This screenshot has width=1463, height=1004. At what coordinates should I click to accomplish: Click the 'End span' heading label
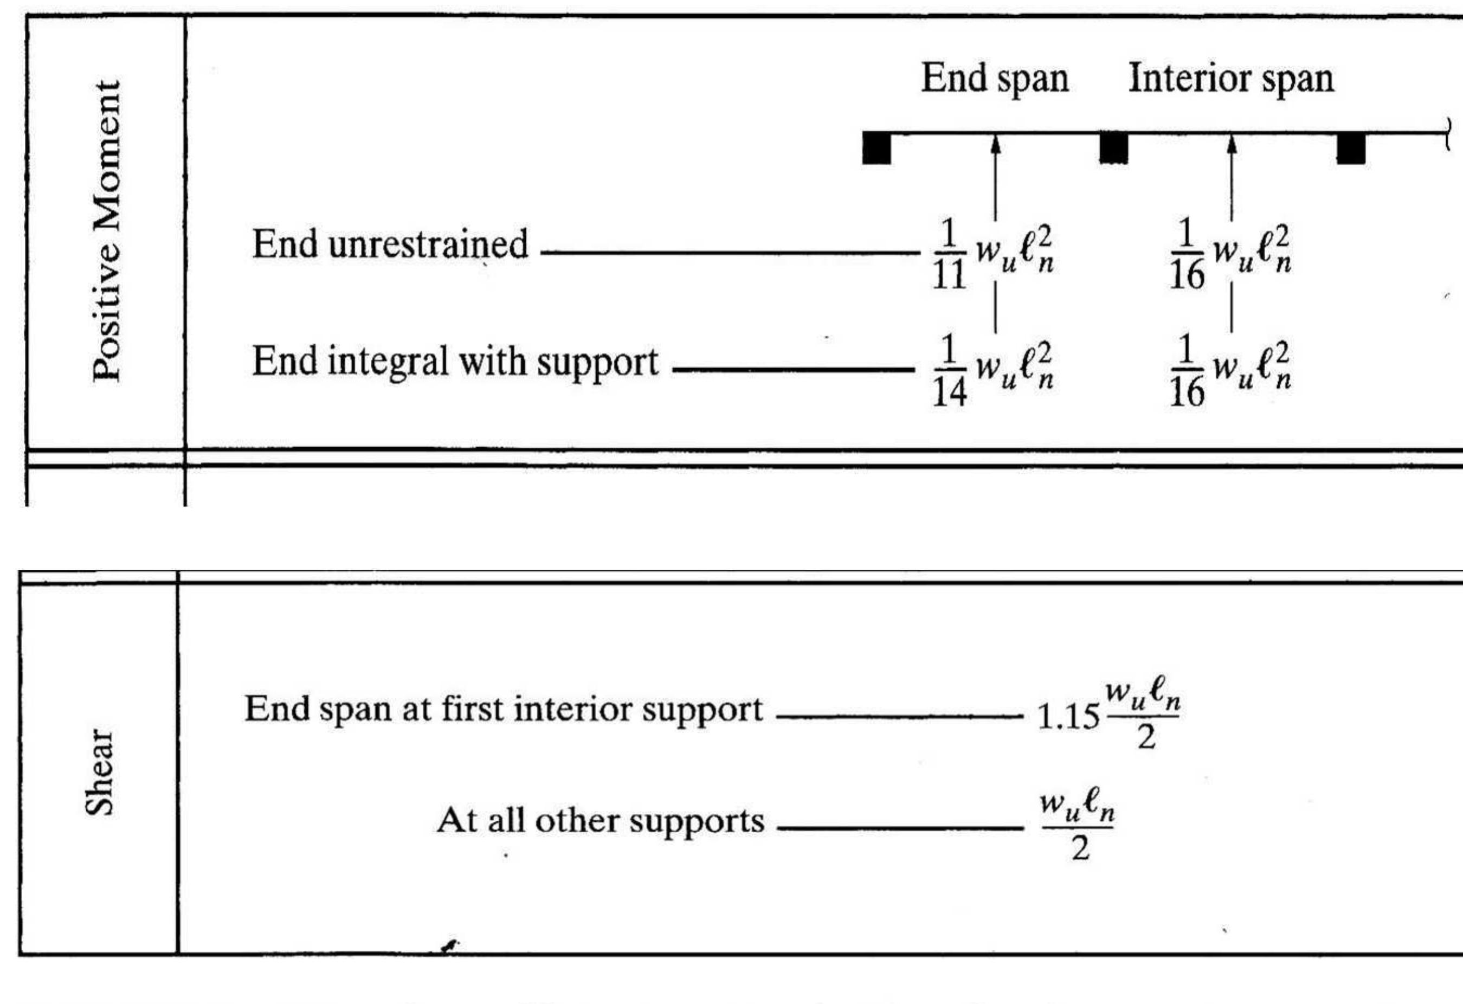point(995,80)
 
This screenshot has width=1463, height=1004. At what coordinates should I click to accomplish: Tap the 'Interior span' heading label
point(1230,80)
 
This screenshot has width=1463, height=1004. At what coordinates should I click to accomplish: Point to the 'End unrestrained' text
point(390,244)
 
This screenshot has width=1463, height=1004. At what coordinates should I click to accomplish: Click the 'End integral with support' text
point(455,362)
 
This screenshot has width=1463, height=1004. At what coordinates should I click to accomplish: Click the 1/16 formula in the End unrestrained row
point(1230,254)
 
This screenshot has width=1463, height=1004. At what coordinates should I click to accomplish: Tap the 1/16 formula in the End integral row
point(1230,371)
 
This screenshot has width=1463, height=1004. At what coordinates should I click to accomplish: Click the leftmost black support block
point(876,149)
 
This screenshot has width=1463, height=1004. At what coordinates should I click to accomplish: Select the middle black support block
point(1113,149)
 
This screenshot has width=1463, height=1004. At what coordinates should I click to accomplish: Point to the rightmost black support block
point(1351,149)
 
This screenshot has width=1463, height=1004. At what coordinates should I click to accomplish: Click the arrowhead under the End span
point(995,144)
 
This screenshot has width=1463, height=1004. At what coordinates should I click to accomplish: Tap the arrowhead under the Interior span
point(1232,144)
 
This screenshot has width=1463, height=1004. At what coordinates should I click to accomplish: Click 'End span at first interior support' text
point(504,710)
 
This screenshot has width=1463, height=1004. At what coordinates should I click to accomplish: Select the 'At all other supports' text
point(601,821)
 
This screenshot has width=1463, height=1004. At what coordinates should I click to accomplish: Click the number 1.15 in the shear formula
point(1068,718)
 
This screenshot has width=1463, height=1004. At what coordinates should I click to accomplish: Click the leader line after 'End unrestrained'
point(730,253)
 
